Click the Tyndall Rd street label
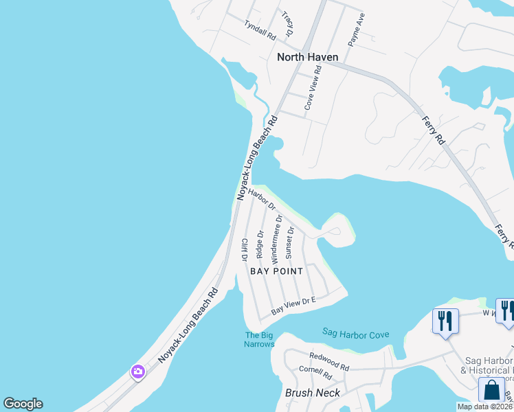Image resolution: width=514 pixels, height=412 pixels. click(x=259, y=27)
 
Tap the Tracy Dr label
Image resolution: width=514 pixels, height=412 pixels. click(x=289, y=24)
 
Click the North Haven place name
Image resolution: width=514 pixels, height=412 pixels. click(x=307, y=57)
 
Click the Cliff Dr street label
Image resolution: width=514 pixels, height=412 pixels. click(x=244, y=249)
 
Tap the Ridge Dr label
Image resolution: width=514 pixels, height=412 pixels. click(x=260, y=244)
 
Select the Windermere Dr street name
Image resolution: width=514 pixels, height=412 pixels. click(x=276, y=239)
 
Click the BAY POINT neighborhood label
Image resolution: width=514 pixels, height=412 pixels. click(x=276, y=271)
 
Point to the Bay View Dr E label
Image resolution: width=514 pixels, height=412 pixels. click(x=293, y=306)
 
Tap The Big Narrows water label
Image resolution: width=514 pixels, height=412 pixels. click(x=259, y=339)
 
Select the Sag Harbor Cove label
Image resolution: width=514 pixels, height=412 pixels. click(x=355, y=334)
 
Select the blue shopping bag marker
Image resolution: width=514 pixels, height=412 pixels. click(x=492, y=389)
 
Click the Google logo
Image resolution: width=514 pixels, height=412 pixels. click(x=23, y=404)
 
